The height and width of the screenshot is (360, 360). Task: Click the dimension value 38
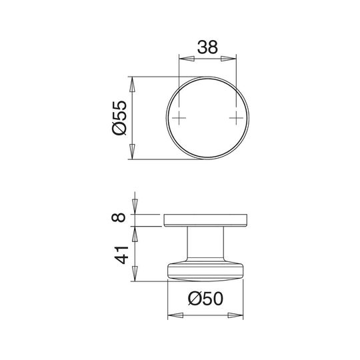[x=207, y=47]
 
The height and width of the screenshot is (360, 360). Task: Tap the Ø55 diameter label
[x=119, y=118]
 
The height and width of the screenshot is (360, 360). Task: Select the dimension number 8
[x=119, y=217]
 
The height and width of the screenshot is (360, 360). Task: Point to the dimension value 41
[x=121, y=255]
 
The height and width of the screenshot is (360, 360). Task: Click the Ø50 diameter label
[x=205, y=299]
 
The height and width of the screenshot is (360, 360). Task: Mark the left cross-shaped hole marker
[x=179, y=118]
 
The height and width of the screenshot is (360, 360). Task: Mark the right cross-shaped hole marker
[x=236, y=118]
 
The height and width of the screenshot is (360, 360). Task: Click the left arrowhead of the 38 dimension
[x=187, y=59]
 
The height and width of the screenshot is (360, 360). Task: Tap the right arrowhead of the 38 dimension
[x=229, y=59]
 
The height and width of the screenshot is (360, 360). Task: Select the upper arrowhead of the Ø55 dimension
[x=132, y=84]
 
